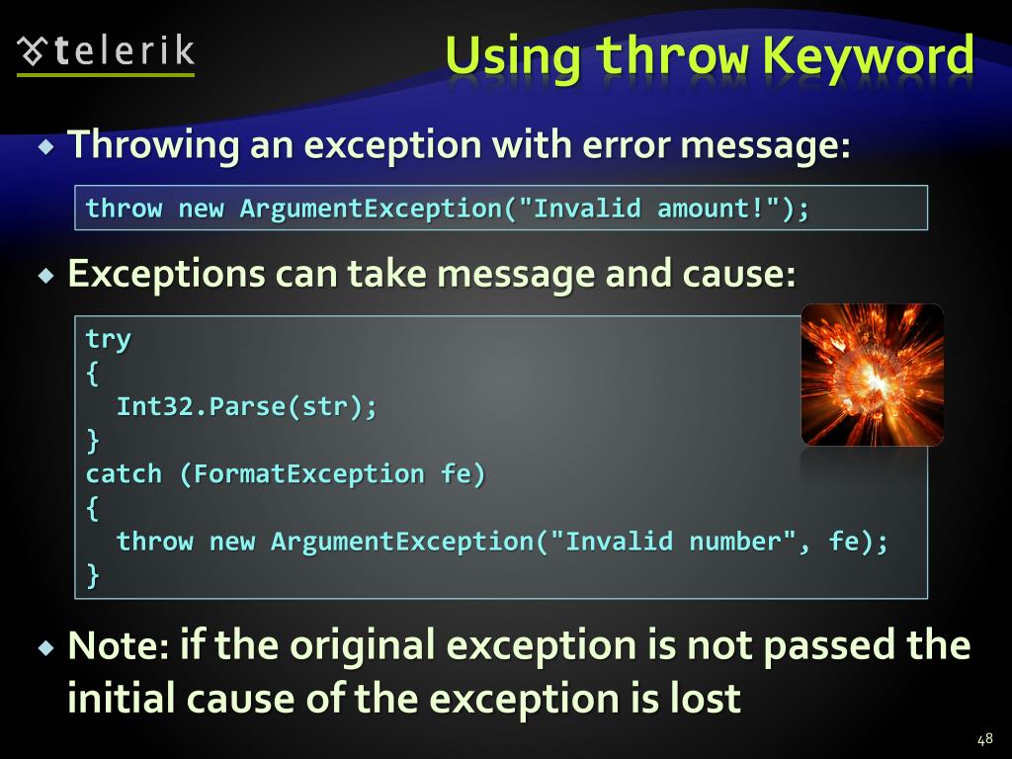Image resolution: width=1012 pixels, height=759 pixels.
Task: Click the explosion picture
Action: pos(872,375)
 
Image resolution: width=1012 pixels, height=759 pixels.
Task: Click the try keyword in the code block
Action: pos(108,339)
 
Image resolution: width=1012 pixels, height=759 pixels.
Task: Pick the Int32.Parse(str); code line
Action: pos(247,407)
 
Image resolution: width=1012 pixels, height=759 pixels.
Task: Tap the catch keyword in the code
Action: pos(124,474)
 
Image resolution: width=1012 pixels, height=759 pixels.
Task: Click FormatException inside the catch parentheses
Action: pos(309,474)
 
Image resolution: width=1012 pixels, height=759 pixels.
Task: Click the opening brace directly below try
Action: pos(93,374)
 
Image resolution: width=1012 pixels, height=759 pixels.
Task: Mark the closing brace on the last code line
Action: pos(93,575)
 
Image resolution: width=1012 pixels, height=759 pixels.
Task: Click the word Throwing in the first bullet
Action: pos(153,146)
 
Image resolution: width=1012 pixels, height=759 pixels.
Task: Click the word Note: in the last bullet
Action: pos(119,645)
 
